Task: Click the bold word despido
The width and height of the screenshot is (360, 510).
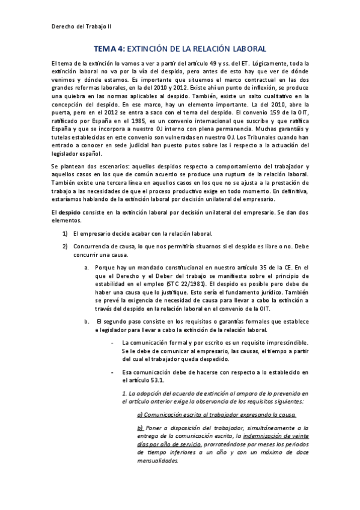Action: pos(70,212)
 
